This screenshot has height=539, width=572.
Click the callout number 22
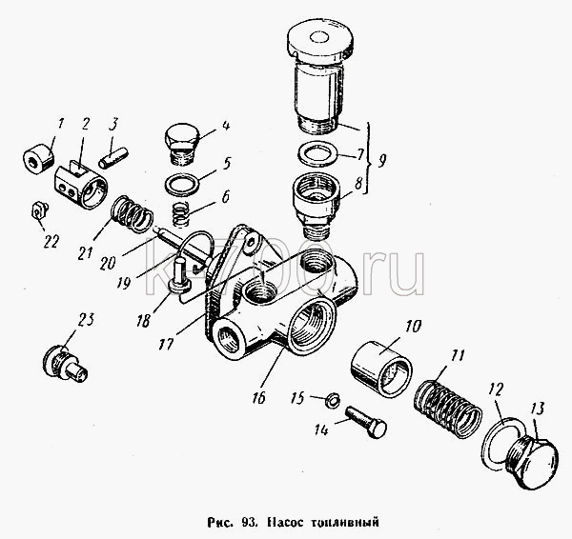(51, 242)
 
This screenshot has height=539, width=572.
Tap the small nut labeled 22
(39, 210)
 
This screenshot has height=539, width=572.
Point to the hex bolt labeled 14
(365, 422)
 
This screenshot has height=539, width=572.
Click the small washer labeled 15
(333, 399)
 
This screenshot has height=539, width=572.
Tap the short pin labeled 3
(113, 157)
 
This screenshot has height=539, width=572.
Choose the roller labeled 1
(38, 158)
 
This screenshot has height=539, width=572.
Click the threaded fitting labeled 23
(65, 365)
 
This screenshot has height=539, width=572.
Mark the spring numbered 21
(132, 214)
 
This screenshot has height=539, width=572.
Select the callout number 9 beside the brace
(381, 161)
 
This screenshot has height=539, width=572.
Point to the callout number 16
(257, 397)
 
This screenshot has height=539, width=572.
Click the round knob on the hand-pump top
(319, 38)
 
